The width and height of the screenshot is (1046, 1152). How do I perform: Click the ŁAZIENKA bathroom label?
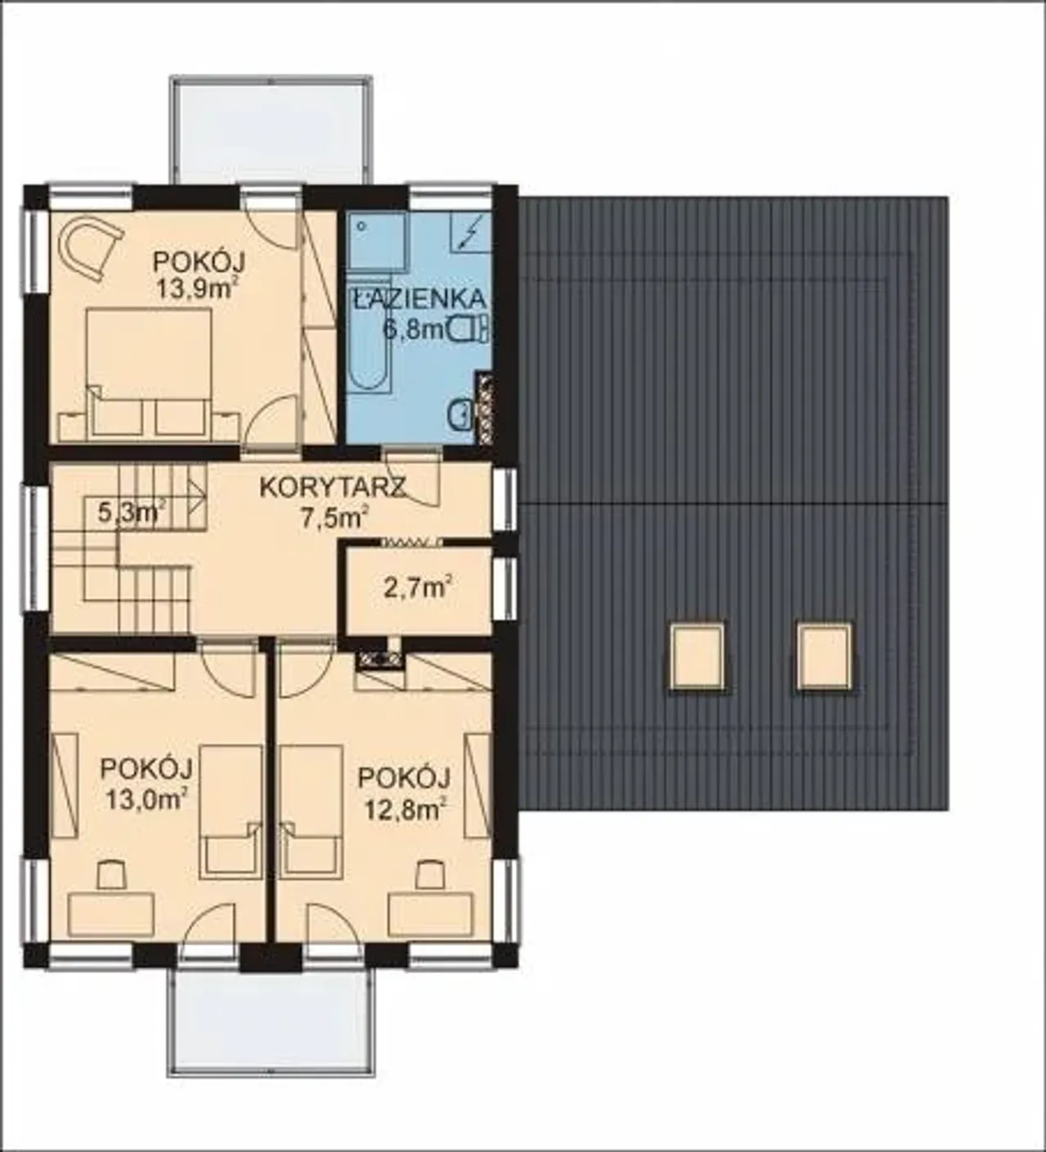[418, 299]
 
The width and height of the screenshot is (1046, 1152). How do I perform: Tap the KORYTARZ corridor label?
[333, 487]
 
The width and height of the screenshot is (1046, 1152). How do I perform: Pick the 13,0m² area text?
[146, 799]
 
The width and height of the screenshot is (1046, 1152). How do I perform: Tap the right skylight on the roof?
[825, 655]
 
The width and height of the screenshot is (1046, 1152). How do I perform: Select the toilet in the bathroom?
[469, 329]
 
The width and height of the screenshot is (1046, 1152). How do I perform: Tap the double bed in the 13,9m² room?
[150, 372]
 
